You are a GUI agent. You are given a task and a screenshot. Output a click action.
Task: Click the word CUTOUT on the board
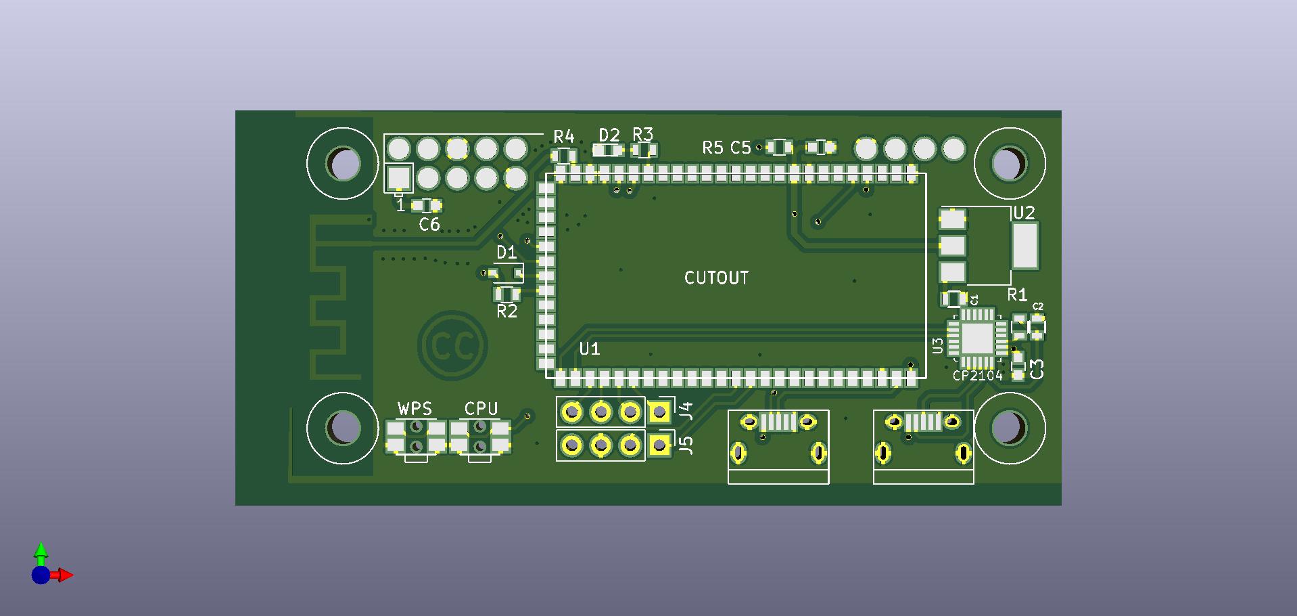(716, 278)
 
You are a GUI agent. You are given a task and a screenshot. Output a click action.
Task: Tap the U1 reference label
(589, 349)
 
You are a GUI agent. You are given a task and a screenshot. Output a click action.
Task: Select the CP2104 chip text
(977, 376)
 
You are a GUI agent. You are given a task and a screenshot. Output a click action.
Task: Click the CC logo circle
(452, 346)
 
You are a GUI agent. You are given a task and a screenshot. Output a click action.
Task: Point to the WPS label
(415, 409)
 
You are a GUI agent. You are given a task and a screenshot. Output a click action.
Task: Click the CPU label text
(481, 409)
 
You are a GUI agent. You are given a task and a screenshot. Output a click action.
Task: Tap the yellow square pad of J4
(659, 411)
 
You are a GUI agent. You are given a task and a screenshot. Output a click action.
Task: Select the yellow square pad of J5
(659, 445)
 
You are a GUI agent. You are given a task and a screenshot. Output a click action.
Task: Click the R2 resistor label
(506, 311)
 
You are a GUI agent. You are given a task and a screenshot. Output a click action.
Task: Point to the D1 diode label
(506, 253)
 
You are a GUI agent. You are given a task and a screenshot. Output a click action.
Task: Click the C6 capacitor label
(429, 225)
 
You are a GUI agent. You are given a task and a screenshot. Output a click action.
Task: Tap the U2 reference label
(1024, 213)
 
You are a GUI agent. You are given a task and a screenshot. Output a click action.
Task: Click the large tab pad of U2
(1024, 246)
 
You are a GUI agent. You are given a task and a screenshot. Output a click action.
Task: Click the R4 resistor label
(564, 137)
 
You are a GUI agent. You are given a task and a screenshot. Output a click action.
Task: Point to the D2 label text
(609, 135)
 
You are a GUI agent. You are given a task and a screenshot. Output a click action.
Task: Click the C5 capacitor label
(740, 148)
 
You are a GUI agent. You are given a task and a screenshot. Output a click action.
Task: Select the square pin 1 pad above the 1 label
(399, 179)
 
